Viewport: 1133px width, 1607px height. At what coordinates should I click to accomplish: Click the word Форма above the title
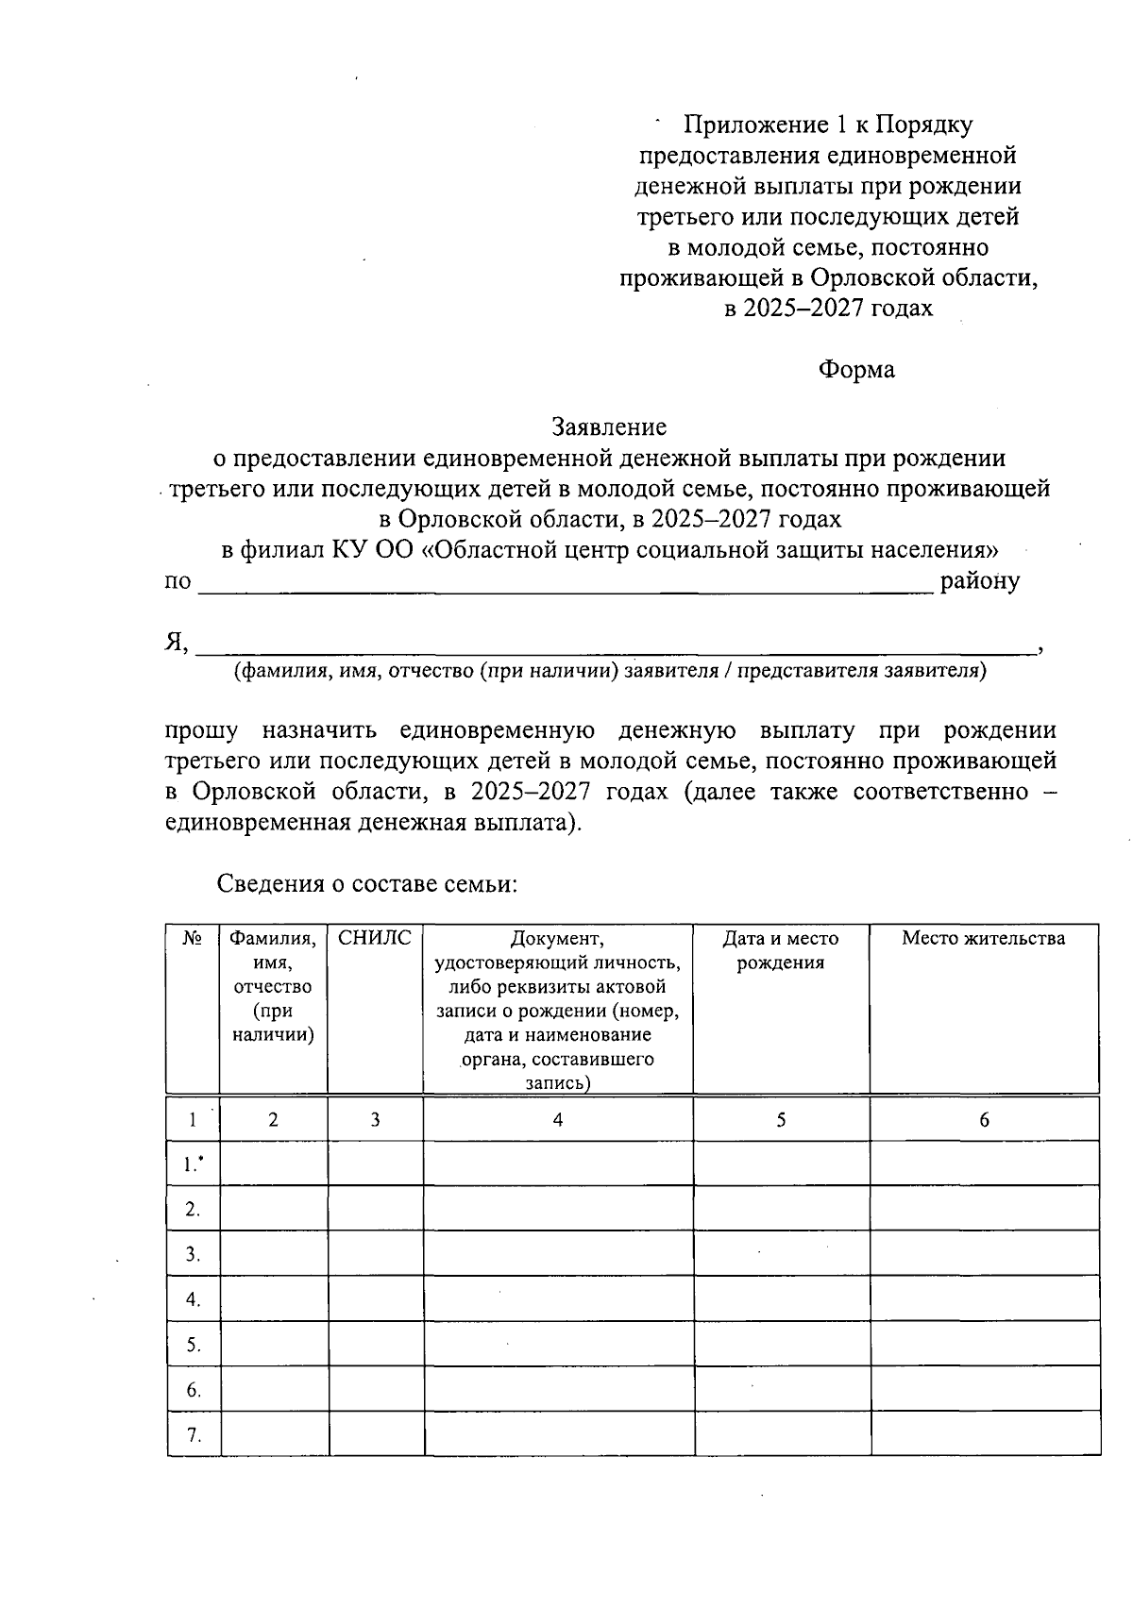[x=855, y=369]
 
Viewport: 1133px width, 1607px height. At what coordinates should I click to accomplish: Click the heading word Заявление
[x=609, y=427]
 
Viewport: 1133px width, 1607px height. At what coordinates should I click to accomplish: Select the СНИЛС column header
[x=375, y=938]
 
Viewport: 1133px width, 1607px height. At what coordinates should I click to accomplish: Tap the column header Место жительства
[x=983, y=938]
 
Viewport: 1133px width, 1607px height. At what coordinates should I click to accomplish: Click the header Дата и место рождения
[x=780, y=950]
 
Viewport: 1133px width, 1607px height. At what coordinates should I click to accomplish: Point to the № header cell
[x=193, y=938]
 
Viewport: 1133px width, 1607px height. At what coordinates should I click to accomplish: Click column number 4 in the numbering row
[x=557, y=1119]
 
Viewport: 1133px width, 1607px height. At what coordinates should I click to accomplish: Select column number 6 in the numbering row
[x=984, y=1119]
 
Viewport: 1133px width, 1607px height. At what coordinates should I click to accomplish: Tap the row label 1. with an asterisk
[x=194, y=1164]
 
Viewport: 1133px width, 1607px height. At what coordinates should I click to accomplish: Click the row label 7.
[x=194, y=1435]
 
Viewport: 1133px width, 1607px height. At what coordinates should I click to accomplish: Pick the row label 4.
[x=194, y=1299]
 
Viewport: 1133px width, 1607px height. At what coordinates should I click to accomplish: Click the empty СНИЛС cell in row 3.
[x=375, y=1254]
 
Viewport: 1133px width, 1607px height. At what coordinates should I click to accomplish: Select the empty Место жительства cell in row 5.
[x=984, y=1345]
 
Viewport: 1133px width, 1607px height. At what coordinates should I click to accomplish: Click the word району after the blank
[x=979, y=580]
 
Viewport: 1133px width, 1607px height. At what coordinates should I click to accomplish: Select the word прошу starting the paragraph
[x=201, y=730]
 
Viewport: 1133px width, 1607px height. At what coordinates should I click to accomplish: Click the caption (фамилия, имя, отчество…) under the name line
[x=610, y=671]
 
